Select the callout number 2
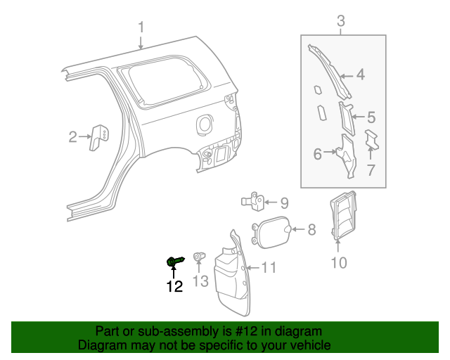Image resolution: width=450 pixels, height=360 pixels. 72,137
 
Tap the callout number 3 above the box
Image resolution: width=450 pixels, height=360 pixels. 341,21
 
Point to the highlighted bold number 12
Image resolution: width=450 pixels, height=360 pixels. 174,286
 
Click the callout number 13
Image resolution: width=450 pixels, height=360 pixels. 200,281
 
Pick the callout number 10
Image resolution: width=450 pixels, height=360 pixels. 338,264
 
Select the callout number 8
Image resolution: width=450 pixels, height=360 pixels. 311,229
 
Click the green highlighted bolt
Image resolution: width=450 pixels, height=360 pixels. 175,262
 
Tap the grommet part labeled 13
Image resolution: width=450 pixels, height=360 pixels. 199,258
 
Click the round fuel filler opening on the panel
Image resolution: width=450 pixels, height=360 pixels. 205,123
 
